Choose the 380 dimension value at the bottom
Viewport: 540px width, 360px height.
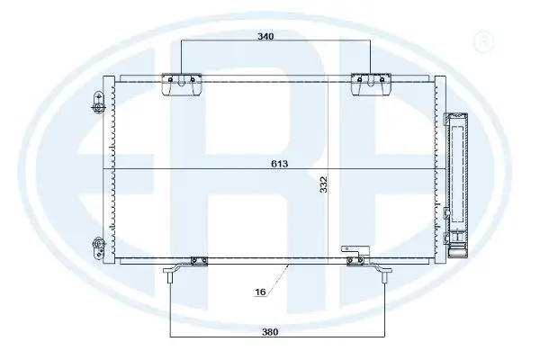point(270,331)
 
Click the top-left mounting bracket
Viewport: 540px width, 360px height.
point(181,84)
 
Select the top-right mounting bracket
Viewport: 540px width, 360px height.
point(370,84)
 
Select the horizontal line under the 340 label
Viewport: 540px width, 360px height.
point(225,43)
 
